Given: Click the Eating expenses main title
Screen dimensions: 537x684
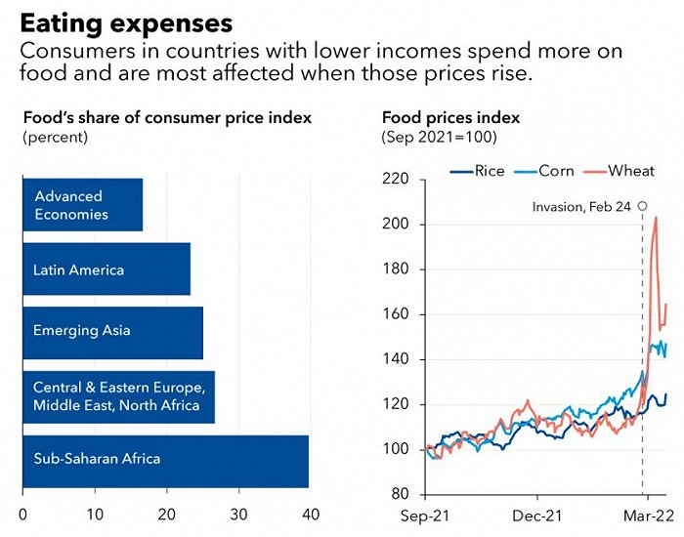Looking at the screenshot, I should click(x=126, y=22).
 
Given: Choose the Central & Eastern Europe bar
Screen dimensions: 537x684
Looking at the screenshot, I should click(x=117, y=396).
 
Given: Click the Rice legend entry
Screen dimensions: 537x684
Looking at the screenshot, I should click(x=478, y=171).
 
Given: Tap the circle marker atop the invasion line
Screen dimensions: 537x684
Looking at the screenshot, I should click(x=642, y=206).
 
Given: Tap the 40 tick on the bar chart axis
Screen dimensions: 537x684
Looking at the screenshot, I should click(x=311, y=514).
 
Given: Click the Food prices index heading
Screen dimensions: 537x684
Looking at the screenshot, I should click(x=450, y=118).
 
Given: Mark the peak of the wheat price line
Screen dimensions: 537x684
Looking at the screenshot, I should click(x=655, y=218).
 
